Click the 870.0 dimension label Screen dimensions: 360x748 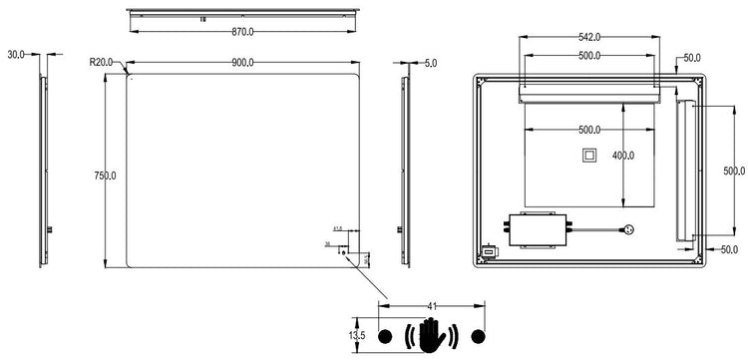tap(241, 32)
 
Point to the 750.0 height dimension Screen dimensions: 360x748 tap(105, 176)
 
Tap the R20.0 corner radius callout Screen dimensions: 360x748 tap(102, 62)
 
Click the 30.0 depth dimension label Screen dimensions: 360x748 tap(16, 55)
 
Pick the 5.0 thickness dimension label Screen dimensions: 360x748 tap(430, 63)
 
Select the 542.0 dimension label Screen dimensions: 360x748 tap(589, 37)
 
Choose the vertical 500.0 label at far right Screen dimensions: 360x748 tap(733, 172)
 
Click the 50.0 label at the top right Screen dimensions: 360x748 tap(693, 58)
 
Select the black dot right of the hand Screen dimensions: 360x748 tap(476, 334)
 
